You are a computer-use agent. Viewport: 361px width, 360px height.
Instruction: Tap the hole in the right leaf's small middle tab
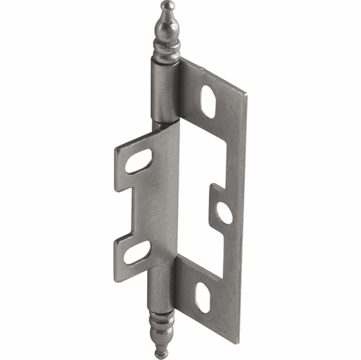tap(224, 213)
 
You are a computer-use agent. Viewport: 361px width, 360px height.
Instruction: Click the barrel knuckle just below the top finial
tap(163, 88)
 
